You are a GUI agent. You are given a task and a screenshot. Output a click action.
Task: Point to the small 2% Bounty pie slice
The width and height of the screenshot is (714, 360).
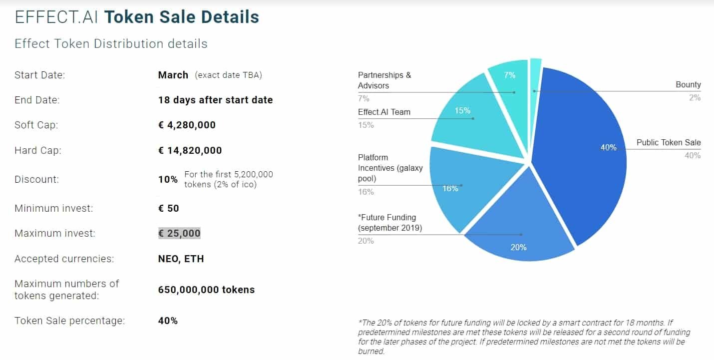point(535,75)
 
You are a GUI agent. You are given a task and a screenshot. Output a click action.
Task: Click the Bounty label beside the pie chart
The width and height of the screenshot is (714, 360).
point(688,85)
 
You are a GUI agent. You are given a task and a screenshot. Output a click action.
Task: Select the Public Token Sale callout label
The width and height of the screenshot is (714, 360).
point(669,143)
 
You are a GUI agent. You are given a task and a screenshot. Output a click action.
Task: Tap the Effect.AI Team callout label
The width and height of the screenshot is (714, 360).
point(384,112)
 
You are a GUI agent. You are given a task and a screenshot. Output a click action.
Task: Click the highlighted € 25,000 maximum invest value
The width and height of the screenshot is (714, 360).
point(179,233)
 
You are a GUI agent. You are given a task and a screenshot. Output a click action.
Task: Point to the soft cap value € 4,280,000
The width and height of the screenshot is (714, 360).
point(187,125)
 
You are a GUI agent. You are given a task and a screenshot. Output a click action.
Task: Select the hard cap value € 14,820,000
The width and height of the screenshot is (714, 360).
point(190,150)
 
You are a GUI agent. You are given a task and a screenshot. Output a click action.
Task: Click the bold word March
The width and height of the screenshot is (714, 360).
point(173,75)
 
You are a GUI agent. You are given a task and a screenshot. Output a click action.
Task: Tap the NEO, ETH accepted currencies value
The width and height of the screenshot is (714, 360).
point(181,259)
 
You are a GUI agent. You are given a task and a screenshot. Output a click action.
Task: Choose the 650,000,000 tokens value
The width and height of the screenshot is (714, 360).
point(206,290)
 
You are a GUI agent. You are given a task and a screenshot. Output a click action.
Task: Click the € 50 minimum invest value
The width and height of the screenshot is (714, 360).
point(168,208)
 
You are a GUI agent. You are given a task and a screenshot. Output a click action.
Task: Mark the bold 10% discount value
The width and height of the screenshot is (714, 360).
point(168,179)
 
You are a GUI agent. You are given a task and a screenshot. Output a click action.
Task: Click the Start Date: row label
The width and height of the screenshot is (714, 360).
point(40,75)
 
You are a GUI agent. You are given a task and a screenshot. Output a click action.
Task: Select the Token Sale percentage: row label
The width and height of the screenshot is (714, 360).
point(69,321)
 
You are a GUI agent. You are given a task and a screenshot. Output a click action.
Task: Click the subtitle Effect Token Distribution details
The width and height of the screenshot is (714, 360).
point(111,44)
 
